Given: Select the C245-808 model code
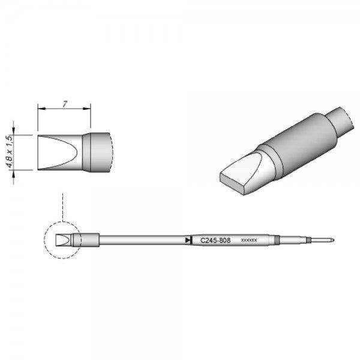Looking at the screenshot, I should tap(209, 239).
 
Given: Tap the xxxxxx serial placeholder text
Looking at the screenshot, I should tap(248, 240).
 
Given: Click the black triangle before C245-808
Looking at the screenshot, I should tap(188, 240).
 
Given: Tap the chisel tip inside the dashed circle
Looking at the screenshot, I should tap(62, 240).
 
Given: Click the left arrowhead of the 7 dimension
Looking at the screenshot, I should tap(40, 109).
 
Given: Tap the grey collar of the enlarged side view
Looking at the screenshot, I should tap(97, 151).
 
